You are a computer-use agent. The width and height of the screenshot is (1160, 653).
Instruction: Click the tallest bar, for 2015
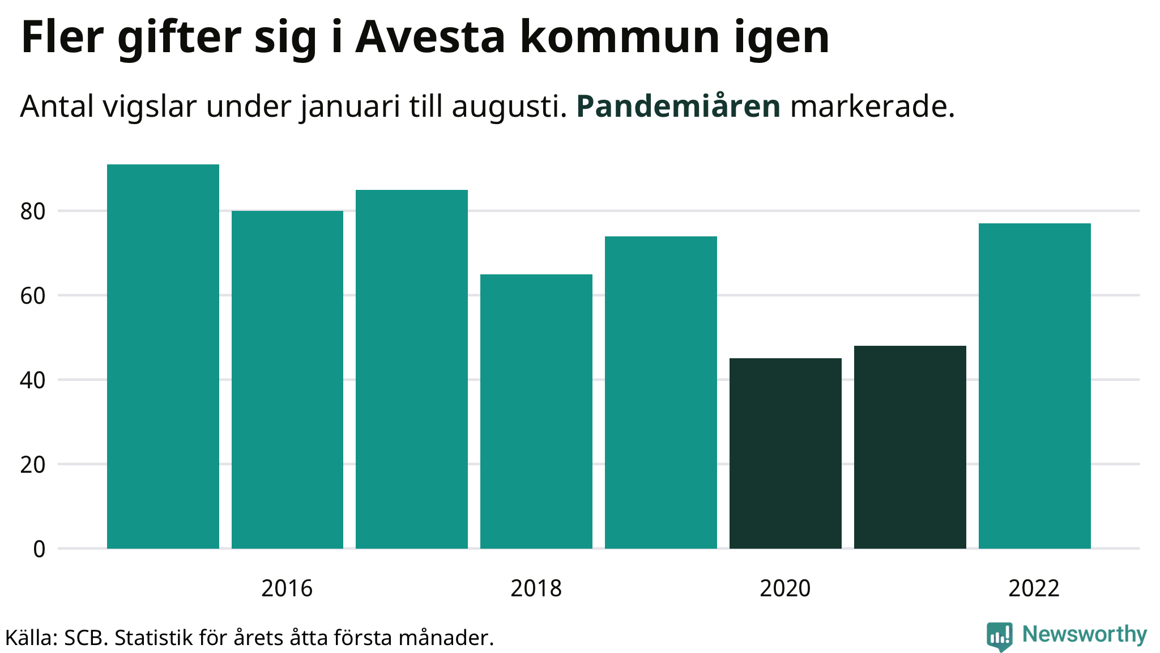[163, 357]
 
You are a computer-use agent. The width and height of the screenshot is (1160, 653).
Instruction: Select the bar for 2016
[287, 380]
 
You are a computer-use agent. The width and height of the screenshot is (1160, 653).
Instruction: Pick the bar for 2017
[412, 369]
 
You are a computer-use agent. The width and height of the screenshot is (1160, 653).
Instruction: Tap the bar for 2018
[536, 412]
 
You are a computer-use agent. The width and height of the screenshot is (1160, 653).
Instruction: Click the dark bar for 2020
[786, 453]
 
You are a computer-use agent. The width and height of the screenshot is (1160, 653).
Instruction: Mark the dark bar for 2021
[910, 447]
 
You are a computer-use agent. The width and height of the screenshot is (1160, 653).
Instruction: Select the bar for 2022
[1035, 386]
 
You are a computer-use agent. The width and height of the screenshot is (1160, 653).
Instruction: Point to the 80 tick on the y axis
[32, 211]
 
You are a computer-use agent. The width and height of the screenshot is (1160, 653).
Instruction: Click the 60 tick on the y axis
[32, 296]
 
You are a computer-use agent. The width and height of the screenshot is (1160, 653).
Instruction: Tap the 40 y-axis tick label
[32, 380]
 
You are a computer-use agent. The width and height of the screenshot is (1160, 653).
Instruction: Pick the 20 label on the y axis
[32, 465]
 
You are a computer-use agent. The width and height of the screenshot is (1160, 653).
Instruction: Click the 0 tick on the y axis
[39, 549]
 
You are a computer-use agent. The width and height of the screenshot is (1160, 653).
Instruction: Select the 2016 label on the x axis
[287, 588]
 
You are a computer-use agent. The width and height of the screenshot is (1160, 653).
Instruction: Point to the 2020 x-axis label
[785, 588]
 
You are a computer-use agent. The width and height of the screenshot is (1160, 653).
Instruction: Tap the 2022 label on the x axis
[1034, 588]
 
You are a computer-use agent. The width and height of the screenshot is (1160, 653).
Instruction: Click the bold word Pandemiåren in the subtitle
[678, 106]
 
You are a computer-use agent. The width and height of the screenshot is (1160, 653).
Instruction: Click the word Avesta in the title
[430, 37]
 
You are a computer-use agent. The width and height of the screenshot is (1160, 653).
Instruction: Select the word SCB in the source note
[85, 638]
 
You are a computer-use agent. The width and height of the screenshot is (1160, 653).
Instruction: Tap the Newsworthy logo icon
[999, 636]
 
